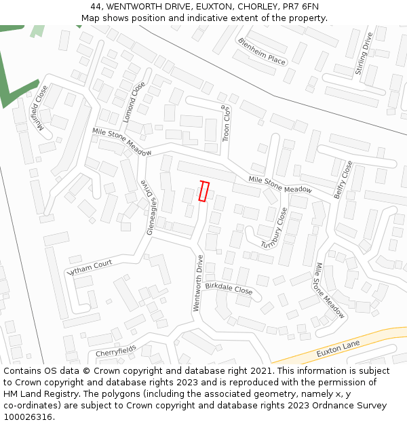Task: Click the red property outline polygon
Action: coord(203,191)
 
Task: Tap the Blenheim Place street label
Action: coord(262,52)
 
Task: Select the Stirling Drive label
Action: coord(364,54)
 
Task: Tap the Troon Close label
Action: coord(227,123)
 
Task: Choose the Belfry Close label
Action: coord(343,178)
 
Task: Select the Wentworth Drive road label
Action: coord(198,283)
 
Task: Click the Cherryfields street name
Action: coord(115,351)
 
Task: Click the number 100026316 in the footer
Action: coord(27,417)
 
